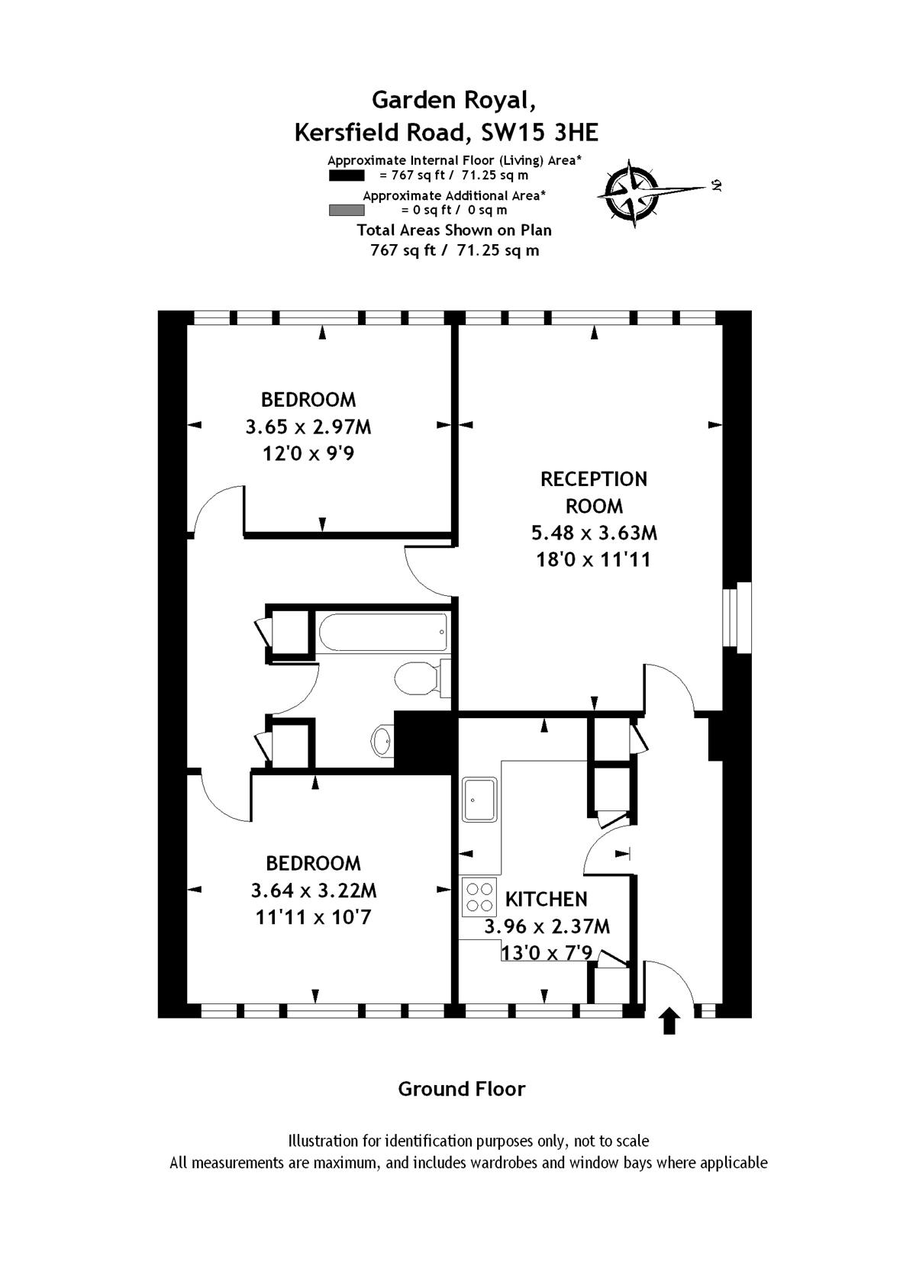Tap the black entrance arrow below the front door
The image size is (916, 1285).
[x=669, y=1023]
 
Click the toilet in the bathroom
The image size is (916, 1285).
[x=422, y=679]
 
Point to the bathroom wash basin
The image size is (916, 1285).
[x=382, y=741]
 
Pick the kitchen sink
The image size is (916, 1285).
[x=480, y=800]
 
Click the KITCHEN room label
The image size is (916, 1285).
[x=546, y=899]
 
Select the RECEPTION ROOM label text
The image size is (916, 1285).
[x=594, y=492]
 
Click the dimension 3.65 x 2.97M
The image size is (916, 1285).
[x=309, y=427]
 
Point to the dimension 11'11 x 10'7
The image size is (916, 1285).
[x=314, y=917]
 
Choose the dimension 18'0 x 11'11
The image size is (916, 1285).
[x=594, y=559]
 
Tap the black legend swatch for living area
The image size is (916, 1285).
[x=347, y=176]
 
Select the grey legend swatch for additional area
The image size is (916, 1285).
[x=347, y=211]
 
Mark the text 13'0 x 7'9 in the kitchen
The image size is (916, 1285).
[x=547, y=953]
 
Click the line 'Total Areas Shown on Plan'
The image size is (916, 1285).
[x=454, y=230]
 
